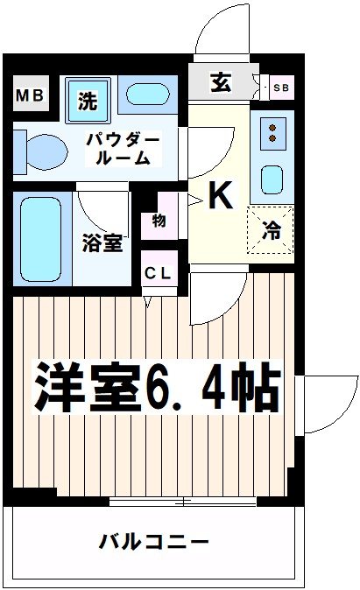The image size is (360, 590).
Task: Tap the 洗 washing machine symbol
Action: pyautogui.click(x=88, y=100)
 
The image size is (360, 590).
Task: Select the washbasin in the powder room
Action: pyautogui.click(x=148, y=95)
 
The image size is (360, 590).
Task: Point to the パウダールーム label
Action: pyautogui.click(x=123, y=149)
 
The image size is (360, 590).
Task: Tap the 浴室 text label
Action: pyautogui.click(x=103, y=242)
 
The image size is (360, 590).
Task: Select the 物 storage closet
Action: pyautogui.click(x=159, y=220)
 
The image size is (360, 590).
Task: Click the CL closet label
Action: pyautogui.click(x=160, y=272)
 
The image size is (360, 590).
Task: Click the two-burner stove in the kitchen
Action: pyautogui.click(x=272, y=132)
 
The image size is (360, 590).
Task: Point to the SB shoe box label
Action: pyautogui.click(x=280, y=87)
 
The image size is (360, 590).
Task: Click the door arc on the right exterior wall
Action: pyautogui.click(x=328, y=404)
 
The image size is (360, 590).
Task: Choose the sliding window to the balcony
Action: pyautogui.click(x=184, y=502)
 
